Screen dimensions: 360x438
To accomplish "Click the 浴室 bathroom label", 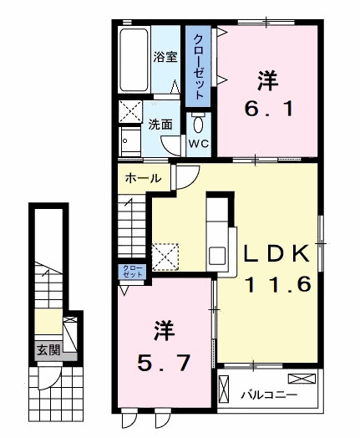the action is pos(165,58).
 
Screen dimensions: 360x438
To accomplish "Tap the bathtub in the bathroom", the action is pos(134,59).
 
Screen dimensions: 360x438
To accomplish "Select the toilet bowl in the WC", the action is pos(198,124).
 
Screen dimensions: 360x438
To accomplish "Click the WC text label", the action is pos(199,144).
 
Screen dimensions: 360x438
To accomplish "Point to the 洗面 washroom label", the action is pos(160,125).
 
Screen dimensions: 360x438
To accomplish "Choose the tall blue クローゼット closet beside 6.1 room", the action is pos(198,66).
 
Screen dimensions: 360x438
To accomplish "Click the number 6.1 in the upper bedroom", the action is pos(269,109).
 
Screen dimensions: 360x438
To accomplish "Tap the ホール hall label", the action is pos(143,178).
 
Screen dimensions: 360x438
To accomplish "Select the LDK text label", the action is pos(276,253).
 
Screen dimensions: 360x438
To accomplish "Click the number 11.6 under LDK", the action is pos(278,284).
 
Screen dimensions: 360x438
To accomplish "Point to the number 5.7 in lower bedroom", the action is pos(164,363).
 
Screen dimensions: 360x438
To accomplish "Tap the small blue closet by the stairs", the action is pos(132,272).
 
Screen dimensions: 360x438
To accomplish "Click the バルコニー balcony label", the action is pos(269,395).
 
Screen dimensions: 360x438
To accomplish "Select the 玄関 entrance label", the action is pos(48,349).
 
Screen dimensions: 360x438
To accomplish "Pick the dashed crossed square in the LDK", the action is pos(165,257).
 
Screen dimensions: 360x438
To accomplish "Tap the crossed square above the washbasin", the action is pos(130,111).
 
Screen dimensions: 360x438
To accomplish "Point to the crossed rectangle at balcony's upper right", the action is pos(302,379).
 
